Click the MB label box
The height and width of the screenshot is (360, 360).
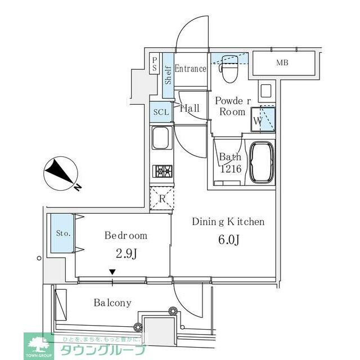[x=282, y=63]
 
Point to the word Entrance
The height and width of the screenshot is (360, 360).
[x=190, y=69]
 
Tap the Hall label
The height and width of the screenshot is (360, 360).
[x=190, y=109]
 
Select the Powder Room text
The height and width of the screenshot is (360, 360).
[x=231, y=106]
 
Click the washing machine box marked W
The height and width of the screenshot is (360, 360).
[x=263, y=119]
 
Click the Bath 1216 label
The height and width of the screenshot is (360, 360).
[x=230, y=163]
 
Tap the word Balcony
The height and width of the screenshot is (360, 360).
[x=112, y=303]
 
